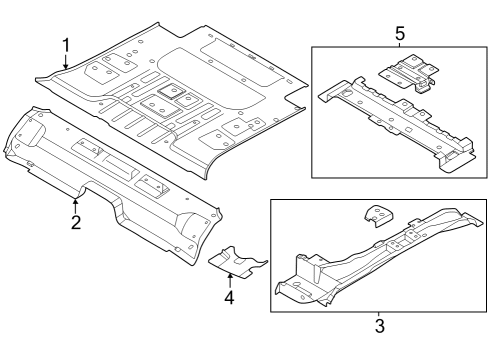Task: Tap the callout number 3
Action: [378, 324]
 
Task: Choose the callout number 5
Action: [399, 33]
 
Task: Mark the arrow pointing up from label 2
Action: [75, 204]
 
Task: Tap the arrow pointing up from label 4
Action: [229, 279]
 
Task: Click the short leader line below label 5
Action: [399, 44]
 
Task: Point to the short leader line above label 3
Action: [378, 311]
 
